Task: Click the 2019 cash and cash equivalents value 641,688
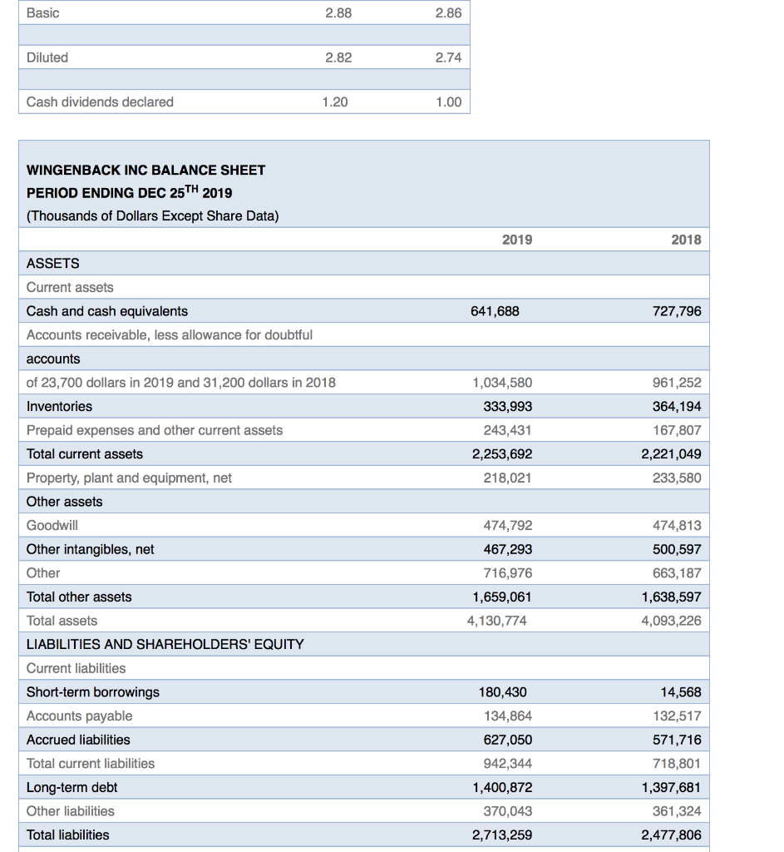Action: (x=496, y=311)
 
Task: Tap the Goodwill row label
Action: (x=52, y=525)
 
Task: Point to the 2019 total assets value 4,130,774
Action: (x=496, y=621)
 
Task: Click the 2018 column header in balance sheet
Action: (x=686, y=240)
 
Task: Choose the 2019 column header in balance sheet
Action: (x=517, y=240)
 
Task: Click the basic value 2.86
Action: (x=448, y=13)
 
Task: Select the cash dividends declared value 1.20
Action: (x=335, y=102)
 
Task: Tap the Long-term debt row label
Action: (x=72, y=787)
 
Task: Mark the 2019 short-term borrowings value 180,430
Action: (x=503, y=692)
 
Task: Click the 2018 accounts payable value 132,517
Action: (x=678, y=716)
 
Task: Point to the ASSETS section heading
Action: (x=53, y=263)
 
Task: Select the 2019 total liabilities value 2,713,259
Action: (x=502, y=835)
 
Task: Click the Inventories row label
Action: (x=60, y=406)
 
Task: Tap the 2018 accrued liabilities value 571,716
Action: (x=678, y=740)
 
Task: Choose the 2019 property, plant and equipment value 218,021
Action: (x=507, y=478)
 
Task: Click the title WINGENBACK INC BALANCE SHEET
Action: (x=146, y=170)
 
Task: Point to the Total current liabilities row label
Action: (x=91, y=763)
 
